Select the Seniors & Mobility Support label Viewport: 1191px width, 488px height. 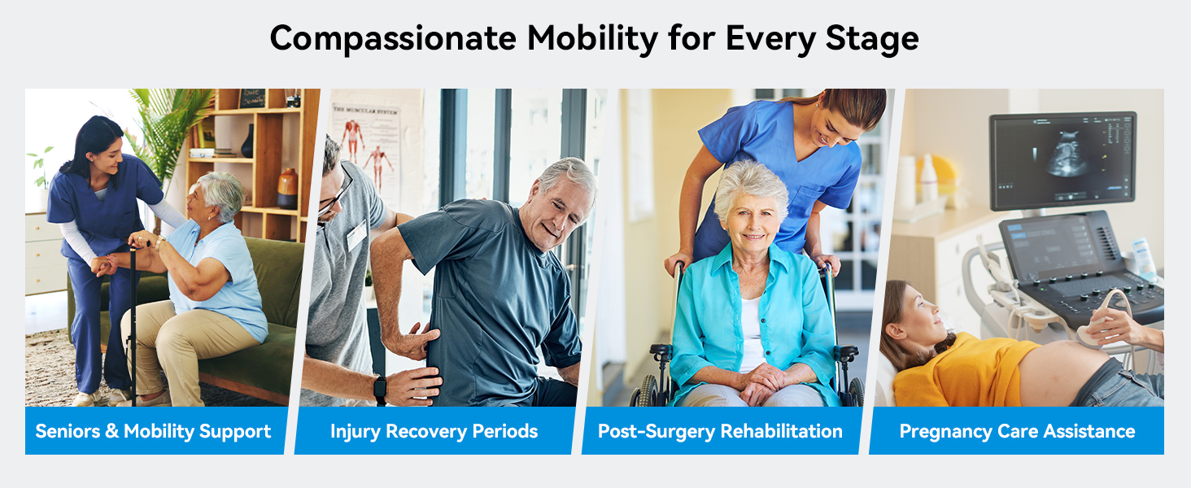tap(154, 431)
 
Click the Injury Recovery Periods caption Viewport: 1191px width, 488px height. tap(434, 431)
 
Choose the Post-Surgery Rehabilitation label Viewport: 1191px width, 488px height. tap(720, 431)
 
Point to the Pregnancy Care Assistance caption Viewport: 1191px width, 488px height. tap(1017, 431)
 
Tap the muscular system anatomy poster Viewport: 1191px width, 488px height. tap(366, 146)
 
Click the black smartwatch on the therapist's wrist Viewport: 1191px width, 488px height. tap(380, 390)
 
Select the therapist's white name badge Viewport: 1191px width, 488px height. tap(356, 235)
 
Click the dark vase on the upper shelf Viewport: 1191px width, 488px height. tap(247, 142)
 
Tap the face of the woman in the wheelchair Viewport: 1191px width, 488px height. tap(750, 212)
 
